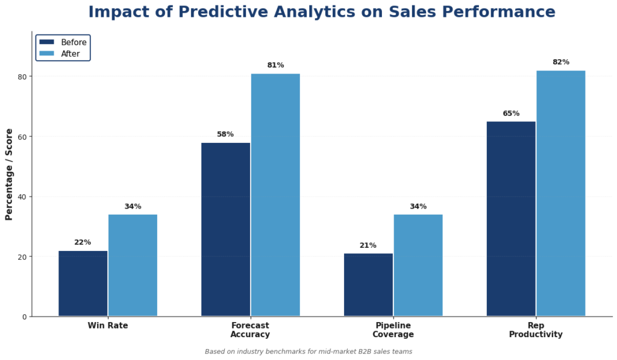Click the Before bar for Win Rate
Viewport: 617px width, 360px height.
(x=83, y=283)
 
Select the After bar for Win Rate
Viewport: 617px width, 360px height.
(x=133, y=265)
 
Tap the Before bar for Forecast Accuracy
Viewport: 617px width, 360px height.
(x=225, y=229)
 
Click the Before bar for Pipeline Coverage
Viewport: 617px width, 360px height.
(x=368, y=285)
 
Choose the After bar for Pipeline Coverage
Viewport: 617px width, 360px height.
(x=418, y=265)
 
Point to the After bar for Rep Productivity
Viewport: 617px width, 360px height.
(x=561, y=193)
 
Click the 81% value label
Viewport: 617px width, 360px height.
(x=275, y=65)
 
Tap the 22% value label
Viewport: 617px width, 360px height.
(x=83, y=242)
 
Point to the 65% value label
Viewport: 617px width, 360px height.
(x=511, y=113)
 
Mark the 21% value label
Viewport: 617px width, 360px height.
(x=368, y=245)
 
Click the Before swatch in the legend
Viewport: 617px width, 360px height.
(x=47, y=42)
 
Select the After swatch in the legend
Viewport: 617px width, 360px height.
(x=47, y=54)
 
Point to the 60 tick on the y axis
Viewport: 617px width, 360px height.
(x=22, y=137)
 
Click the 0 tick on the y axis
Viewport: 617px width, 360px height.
(x=25, y=317)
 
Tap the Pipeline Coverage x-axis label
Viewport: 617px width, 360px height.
(x=393, y=330)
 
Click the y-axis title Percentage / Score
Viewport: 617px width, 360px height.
(x=9, y=174)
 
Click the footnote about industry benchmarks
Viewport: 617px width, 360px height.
(x=308, y=352)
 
